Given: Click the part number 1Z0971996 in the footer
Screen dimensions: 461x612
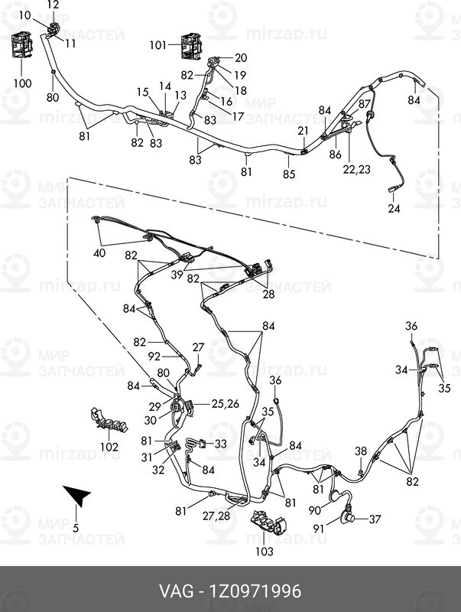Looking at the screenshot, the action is [256, 591].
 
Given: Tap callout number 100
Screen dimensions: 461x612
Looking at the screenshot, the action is [22, 83].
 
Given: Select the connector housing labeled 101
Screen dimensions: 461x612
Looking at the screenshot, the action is [191, 46].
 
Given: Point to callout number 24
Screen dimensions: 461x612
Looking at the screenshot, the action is [394, 208].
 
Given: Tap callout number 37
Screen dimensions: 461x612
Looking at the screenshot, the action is [375, 519].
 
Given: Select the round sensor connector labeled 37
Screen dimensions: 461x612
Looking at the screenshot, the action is [348, 518].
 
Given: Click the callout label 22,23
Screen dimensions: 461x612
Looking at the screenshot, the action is [356, 169].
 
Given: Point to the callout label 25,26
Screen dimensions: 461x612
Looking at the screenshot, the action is [225, 404].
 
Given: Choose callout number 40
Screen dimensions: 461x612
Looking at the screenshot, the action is [99, 253].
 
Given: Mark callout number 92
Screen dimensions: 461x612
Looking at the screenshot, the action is [154, 356].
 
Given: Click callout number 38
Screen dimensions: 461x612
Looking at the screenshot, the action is [361, 451].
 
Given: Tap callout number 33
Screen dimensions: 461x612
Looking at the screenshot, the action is [220, 444].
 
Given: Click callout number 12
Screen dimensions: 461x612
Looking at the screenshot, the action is [53, 5].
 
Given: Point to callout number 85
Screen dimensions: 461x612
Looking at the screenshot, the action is [289, 174].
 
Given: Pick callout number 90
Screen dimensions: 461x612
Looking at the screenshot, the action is [315, 510].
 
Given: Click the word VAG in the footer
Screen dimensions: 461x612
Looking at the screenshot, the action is [176, 591].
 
